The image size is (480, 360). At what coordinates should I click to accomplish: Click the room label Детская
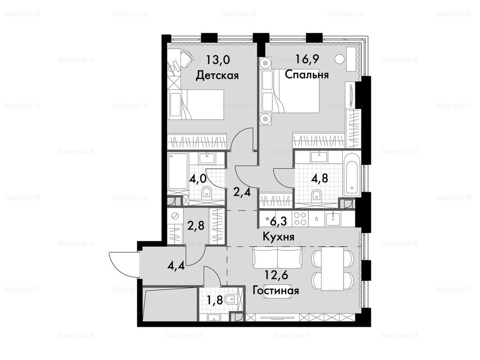(217, 75)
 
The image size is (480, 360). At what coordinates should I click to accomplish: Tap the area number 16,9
(307, 59)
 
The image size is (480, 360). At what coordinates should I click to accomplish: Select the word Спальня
(307, 75)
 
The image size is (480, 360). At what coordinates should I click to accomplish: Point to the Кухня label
(279, 237)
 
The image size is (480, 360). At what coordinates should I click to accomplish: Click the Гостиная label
(276, 290)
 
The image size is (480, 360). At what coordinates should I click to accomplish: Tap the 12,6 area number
(276, 275)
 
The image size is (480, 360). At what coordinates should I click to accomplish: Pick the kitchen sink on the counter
(333, 218)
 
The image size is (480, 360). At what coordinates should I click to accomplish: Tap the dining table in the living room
(332, 269)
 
